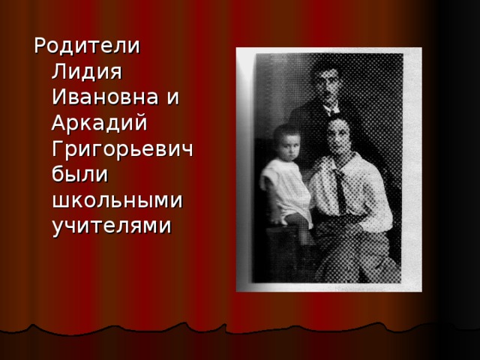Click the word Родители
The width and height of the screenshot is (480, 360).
(x=87, y=46)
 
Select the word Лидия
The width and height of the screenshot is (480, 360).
(x=87, y=72)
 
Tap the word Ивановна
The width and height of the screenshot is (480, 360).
(x=105, y=97)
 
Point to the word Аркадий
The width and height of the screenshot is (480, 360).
(x=100, y=122)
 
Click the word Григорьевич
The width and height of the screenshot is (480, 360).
(x=122, y=150)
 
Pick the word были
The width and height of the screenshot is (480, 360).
(x=80, y=174)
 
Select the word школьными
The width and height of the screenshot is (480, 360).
(x=117, y=200)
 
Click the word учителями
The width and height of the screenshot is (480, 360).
(x=112, y=227)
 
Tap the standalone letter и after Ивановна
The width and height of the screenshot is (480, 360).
(x=172, y=97)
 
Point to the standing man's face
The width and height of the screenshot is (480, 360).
(x=325, y=83)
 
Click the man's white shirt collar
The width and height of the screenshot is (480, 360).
(x=332, y=109)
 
